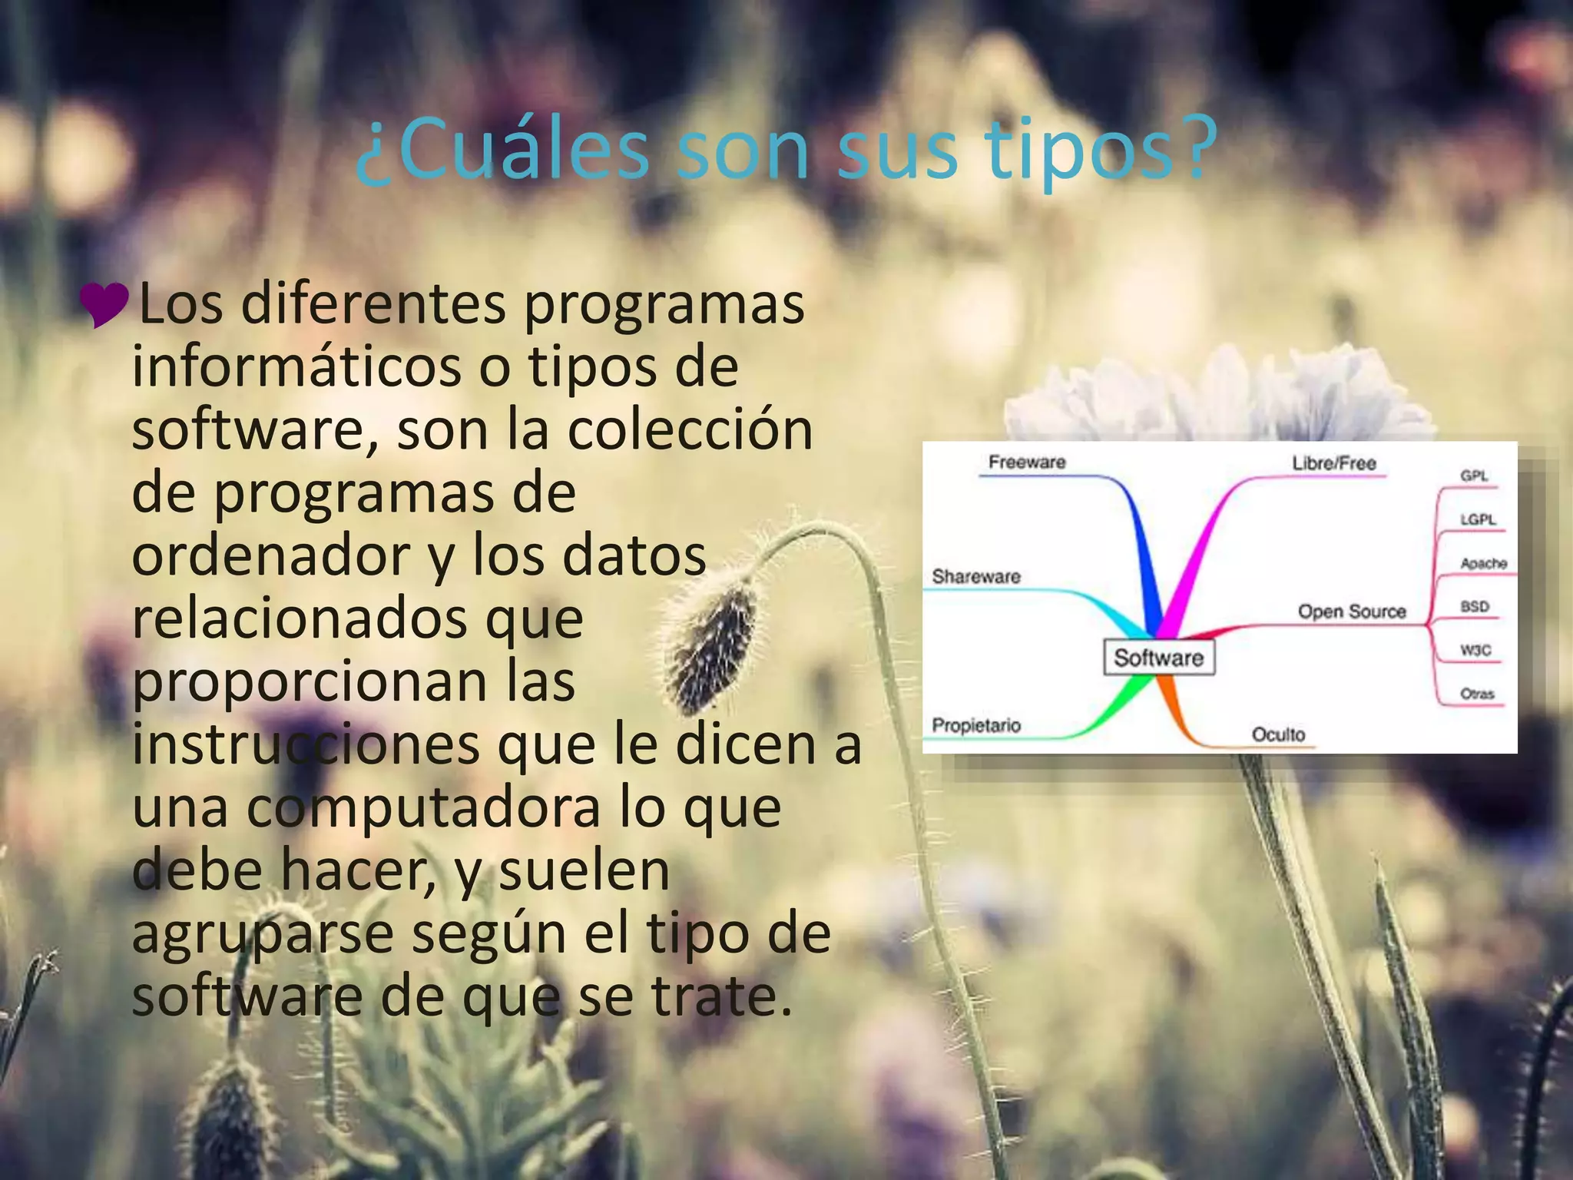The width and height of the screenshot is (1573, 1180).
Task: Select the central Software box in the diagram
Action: pos(1158,658)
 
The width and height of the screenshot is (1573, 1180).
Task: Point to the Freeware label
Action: pos(1027,462)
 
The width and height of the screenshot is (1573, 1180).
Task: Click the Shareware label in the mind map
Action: pos(976,577)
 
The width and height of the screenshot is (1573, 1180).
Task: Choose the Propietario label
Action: pos(976,725)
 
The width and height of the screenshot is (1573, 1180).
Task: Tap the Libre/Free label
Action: pos(1333,463)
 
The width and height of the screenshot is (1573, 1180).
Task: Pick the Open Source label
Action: pos(1352,612)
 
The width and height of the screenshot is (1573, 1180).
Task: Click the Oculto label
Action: pos(1278,734)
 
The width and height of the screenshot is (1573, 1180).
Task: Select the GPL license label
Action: pos(1474,476)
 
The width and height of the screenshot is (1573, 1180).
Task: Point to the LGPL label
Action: pos(1478,520)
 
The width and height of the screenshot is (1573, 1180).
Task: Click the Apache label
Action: pos(1483,564)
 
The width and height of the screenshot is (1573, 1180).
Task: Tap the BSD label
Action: pos(1475,607)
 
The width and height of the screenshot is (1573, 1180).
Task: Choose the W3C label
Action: pos(1475,651)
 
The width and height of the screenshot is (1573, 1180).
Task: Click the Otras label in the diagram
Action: pos(1477,694)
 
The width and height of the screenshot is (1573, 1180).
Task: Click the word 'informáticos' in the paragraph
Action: pos(296,367)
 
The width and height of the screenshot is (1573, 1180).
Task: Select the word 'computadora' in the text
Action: pos(423,808)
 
